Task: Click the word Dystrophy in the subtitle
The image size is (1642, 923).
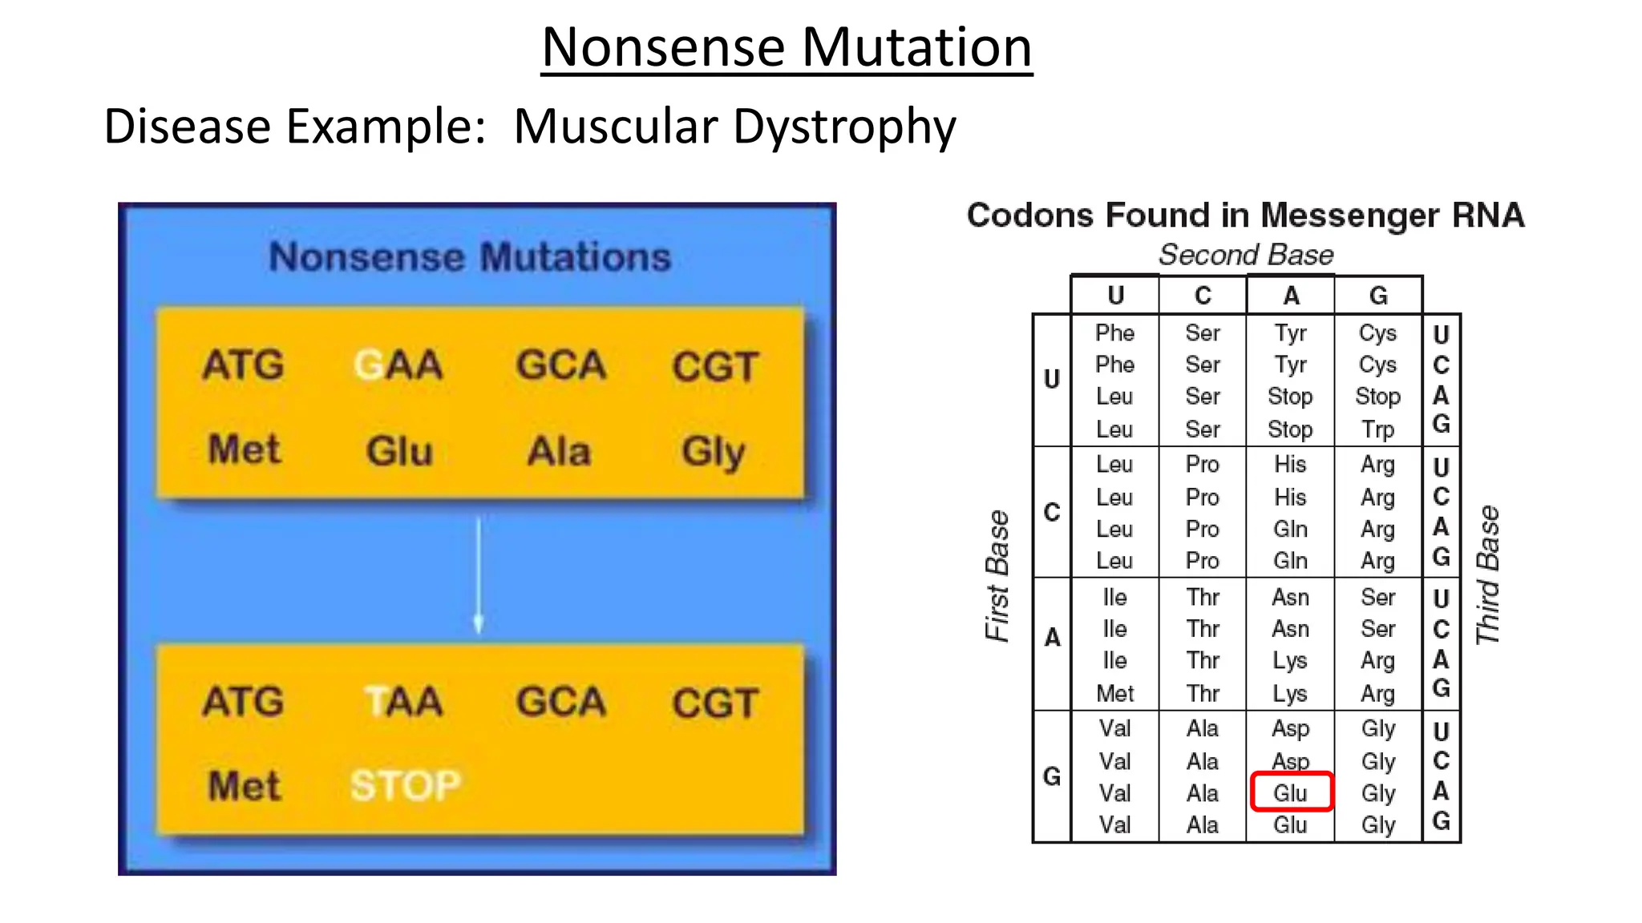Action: click(844, 127)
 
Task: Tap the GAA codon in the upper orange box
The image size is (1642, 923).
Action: click(398, 365)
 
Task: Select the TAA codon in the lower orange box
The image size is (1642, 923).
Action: click(403, 702)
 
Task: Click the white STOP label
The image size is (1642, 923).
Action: click(406, 785)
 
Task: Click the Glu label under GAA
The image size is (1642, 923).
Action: click(399, 450)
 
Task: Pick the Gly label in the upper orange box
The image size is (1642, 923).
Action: click(713, 451)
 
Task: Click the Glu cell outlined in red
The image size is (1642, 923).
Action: click(1290, 792)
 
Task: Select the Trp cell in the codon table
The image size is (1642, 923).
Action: click(1377, 429)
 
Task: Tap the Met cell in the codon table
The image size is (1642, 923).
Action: click(1114, 693)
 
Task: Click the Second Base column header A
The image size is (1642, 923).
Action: click(1291, 296)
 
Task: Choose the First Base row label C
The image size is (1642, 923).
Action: click(1052, 511)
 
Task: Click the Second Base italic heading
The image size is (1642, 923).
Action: click(1246, 255)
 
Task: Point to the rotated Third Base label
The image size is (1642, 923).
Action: click(1488, 574)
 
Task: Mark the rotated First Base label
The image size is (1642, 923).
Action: click(997, 575)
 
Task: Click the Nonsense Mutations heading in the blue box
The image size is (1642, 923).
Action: click(470, 257)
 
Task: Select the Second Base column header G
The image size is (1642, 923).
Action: click(1378, 296)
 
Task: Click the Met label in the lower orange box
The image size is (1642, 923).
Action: click(245, 785)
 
